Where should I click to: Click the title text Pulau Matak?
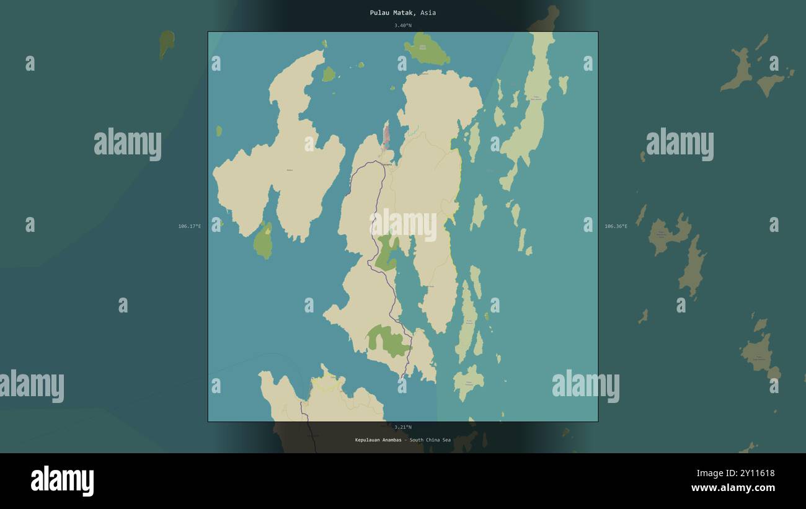pos(392,12)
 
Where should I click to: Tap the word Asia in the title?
pos(428,12)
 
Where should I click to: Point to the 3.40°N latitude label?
pos(402,25)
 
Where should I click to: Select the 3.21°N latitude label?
pos(402,427)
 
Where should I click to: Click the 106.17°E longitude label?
pos(189,226)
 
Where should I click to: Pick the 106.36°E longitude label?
pos(616,226)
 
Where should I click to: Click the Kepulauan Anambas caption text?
pos(378,440)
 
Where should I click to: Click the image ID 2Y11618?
pos(754,473)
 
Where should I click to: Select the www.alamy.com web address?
pos(733,488)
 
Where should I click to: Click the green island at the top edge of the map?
pos(426,50)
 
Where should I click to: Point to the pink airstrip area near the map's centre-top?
pos(386,135)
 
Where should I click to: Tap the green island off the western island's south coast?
pos(263,241)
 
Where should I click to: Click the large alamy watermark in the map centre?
pos(403,224)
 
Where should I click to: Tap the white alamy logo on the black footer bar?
pos(62,480)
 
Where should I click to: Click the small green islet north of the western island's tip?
pos(328,74)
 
